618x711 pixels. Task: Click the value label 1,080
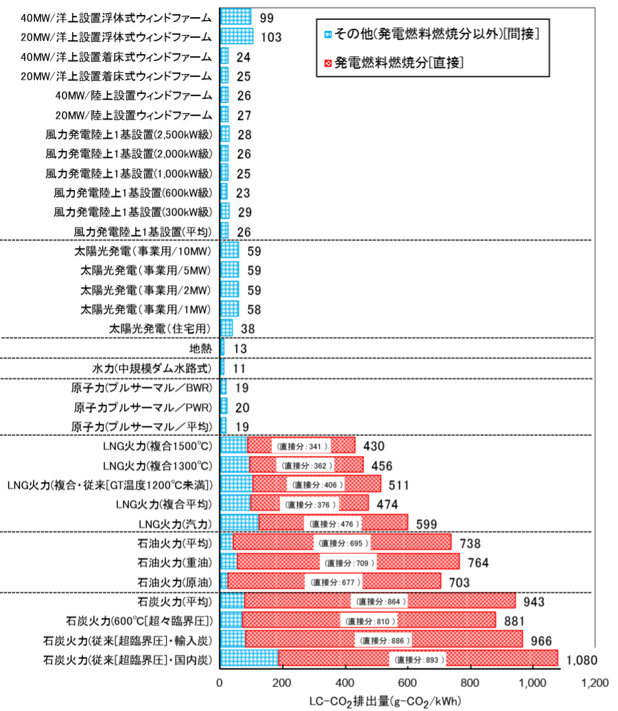(x=582, y=660)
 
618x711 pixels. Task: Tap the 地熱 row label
(x=199, y=348)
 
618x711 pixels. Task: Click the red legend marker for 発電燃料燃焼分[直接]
(x=328, y=64)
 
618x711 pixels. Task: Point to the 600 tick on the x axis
(x=408, y=684)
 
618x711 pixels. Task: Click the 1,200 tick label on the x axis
(x=594, y=684)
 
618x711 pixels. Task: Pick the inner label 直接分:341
(x=300, y=446)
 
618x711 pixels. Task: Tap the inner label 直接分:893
(x=418, y=660)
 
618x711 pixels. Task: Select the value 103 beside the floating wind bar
(x=272, y=37)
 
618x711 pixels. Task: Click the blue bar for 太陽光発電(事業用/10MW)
(x=230, y=251)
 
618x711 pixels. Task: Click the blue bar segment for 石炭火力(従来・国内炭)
(x=249, y=660)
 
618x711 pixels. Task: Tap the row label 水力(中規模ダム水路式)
(x=152, y=368)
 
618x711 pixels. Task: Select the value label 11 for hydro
(x=239, y=368)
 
